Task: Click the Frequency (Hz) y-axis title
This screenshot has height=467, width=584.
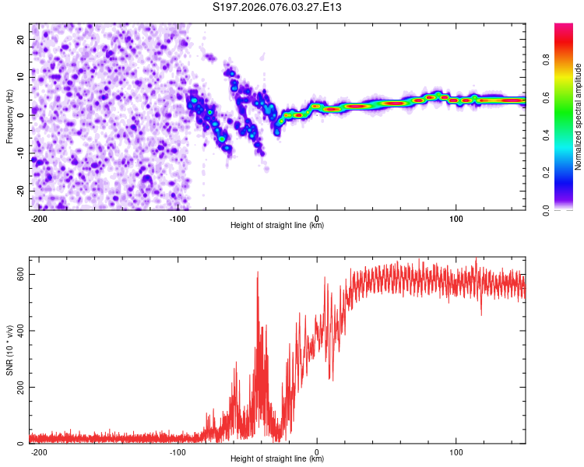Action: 9,117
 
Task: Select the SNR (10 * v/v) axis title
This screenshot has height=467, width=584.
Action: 9,350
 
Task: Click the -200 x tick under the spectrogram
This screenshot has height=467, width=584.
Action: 39,218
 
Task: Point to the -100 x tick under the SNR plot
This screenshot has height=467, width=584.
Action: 178,451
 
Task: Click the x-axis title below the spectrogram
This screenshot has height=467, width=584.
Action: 277,226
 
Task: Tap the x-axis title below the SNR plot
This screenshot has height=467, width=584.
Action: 277,459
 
